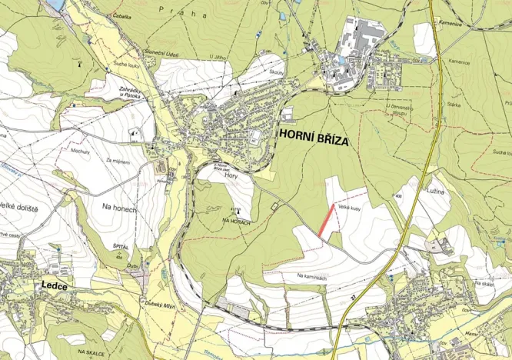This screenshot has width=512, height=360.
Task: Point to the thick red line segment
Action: [x=327, y=220]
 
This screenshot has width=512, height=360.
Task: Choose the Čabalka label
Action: [x=121, y=15]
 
